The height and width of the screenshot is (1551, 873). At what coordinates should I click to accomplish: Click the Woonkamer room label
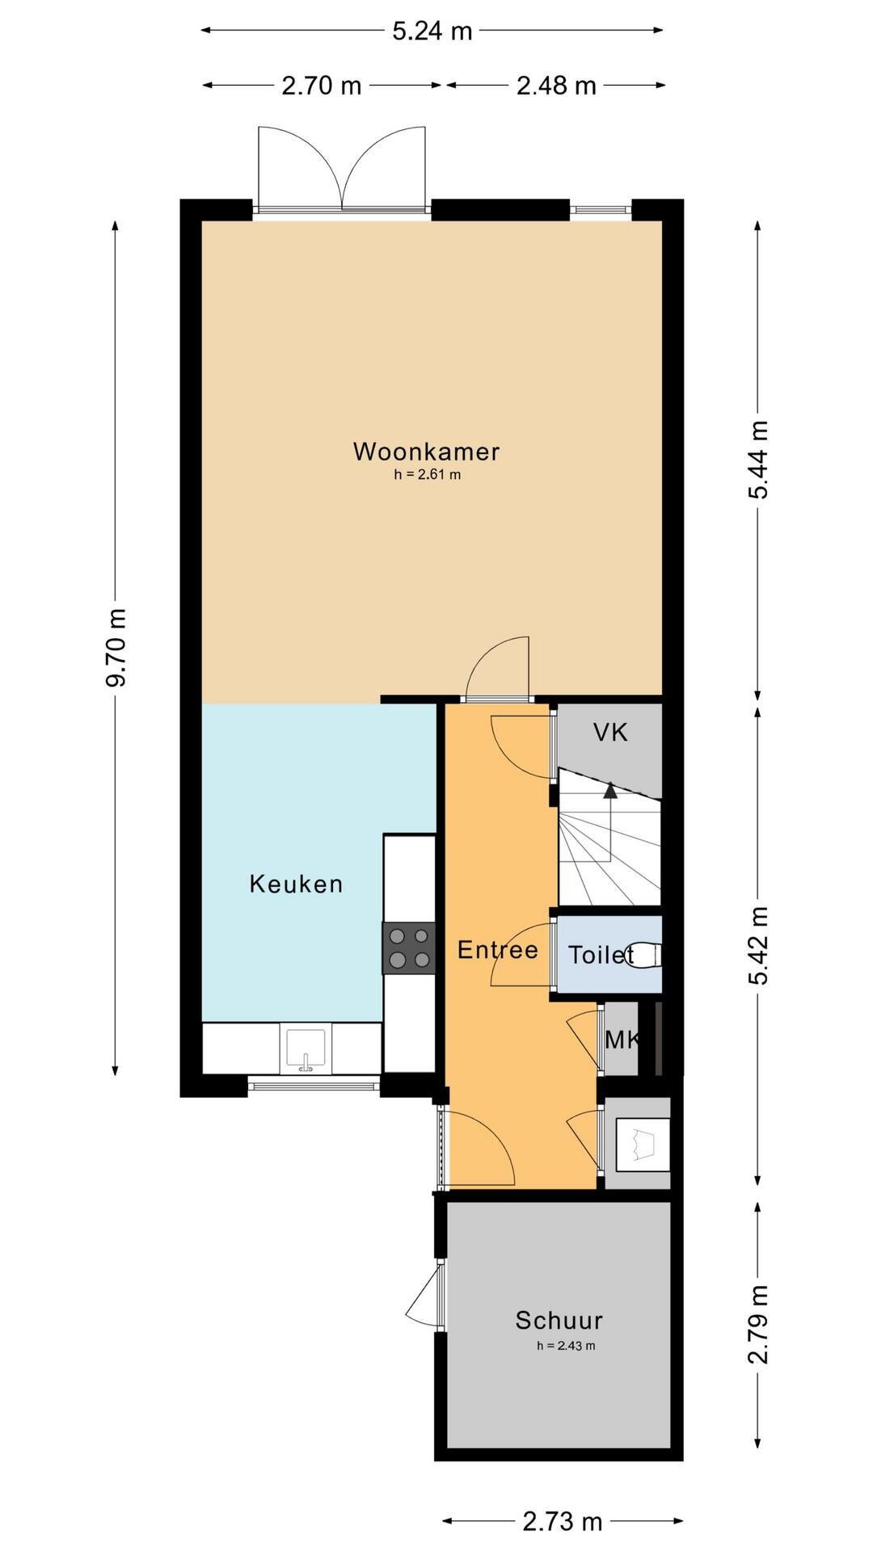point(426,451)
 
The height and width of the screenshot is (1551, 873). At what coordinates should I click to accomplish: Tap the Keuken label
point(296,884)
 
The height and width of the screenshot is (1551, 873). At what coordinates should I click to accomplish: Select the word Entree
point(498,949)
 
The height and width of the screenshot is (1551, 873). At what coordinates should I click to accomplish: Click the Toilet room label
point(601,955)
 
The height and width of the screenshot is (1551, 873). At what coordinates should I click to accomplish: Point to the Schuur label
point(559,1321)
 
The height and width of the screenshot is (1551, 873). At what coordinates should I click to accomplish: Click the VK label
point(610,733)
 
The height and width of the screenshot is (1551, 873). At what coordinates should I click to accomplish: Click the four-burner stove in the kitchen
point(409,948)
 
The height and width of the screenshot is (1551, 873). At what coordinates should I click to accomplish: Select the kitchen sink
point(306,1050)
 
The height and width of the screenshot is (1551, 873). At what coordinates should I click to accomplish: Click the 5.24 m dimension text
point(432,31)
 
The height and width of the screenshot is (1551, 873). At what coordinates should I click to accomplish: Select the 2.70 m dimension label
point(322,85)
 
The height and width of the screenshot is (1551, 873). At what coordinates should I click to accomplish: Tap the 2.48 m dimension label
point(556,85)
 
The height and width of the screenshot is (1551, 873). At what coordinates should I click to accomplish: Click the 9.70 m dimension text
point(116,648)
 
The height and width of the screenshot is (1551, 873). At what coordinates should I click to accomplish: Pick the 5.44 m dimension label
point(758,460)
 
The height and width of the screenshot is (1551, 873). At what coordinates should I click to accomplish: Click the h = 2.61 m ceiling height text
point(428,475)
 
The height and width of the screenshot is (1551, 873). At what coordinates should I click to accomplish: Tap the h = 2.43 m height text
point(566,1346)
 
